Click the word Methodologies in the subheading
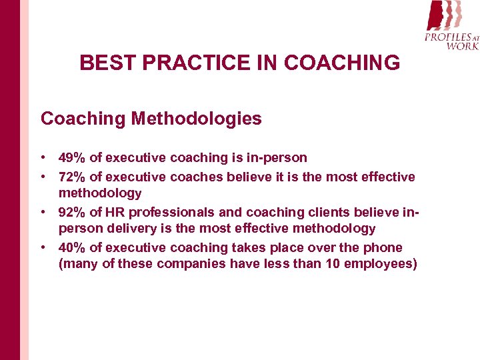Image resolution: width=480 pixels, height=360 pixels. pyautogui.click(x=197, y=119)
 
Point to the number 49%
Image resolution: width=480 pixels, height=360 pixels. pyautogui.click(x=72, y=158)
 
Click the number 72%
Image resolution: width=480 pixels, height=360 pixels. pyautogui.click(x=72, y=177)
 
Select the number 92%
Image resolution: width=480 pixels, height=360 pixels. pyautogui.click(x=72, y=212)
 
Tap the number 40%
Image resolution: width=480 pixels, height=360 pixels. pyautogui.click(x=72, y=248)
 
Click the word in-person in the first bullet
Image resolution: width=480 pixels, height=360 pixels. pyautogui.click(x=277, y=158)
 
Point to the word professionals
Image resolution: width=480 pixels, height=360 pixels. pyautogui.click(x=172, y=212)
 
